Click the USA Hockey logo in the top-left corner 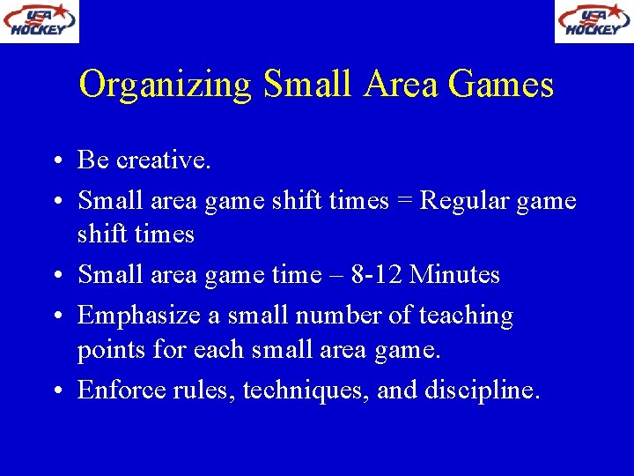[x=40, y=21]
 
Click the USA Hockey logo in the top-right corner [x=593, y=21]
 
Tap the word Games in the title [x=500, y=85]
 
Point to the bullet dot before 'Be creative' [x=55, y=161]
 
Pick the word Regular [x=460, y=201]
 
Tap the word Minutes [x=454, y=275]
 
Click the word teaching [x=466, y=316]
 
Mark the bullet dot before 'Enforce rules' [x=55, y=390]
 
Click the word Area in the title [x=399, y=85]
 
